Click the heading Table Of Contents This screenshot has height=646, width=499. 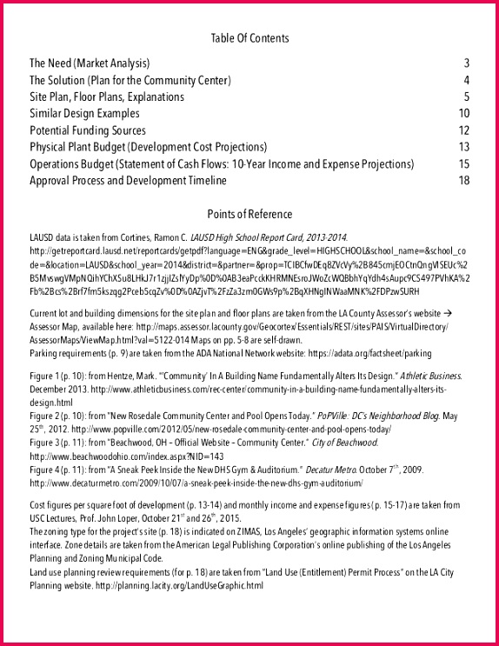click(249, 38)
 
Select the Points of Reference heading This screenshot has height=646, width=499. click(249, 214)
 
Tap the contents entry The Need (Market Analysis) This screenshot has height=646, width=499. click(90, 63)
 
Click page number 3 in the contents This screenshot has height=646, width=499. click(466, 63)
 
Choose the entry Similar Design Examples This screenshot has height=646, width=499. click(84, 114)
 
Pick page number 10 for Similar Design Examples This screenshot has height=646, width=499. click(463, 114)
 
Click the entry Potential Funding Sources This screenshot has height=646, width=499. click(89, 130)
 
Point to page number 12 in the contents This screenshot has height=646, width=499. click(463, 130)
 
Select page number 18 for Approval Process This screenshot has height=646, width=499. click(463, 181)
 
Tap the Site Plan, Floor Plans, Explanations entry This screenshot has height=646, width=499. click(107, 97)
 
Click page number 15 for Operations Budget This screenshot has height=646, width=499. click(463, 164)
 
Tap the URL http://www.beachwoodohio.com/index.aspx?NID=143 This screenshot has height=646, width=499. click(127, 456)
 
